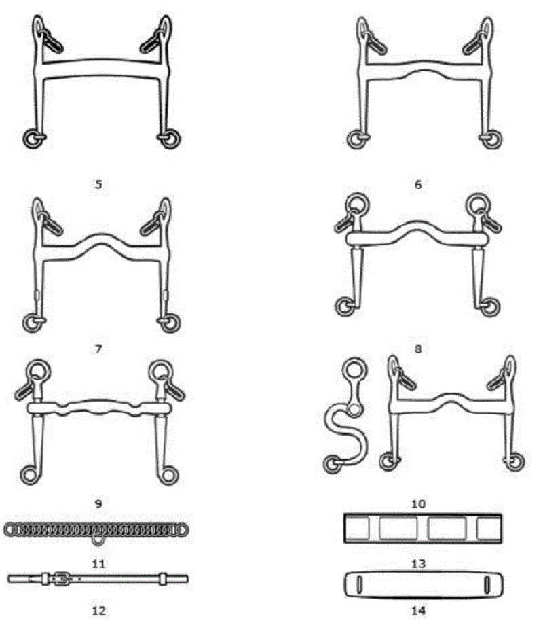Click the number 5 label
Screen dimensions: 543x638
pyautogui.click(x=98, y=184)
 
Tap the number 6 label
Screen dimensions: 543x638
pyautogui.click(x=418, y=184)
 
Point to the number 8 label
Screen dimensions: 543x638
pyautogui.click(x=418, y=349)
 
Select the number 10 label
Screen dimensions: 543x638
pyautogui.click(x=418, y=503)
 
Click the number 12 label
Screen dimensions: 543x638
pyautogui.click(x=99, y=610)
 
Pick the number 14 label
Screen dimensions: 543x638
pyautogui.click(x=418, y=610)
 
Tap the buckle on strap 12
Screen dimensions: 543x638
pyautogui.click(x=62, y=579)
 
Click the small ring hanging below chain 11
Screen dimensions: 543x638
pyautogui.click(x=98, y=540)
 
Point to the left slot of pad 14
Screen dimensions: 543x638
pyautogui.click(x=359, y=585)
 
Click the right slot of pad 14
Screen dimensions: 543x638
pyautogui.click(x=487, y=585)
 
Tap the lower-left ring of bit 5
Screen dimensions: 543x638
pyautogui.click(x=31, y=139)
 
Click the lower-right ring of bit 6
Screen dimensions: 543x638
pyautogui.click(x=493, y=139)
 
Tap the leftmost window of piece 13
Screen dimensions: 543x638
pyautogui.click(x=357, y=528)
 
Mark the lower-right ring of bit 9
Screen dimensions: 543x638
pyautogui.click(x=168, y=474)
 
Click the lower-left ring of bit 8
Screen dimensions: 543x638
pyautogui.click(x=345, y=307)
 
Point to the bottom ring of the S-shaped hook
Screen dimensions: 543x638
pyautogui.click(x=333, y=464)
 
